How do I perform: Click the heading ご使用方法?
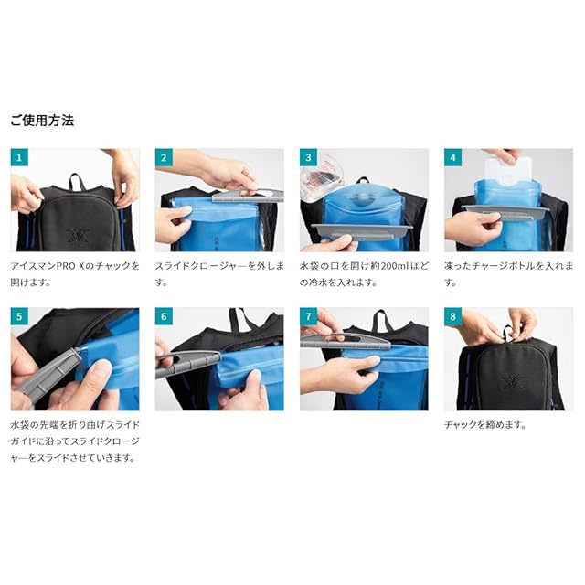[x=42, y=121]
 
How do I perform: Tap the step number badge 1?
[x=19, y=157]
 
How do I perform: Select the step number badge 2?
[x=164, y=157]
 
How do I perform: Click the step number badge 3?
[x=308, y=157]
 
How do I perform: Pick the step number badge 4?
[x=453, y=157]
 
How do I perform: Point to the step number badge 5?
[x=19, y=316]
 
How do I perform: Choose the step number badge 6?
[x=164, y=316]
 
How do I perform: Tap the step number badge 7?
[x=308, y=316]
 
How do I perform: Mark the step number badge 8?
[x=453, y=316]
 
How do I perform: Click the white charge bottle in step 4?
[x=507, y=173]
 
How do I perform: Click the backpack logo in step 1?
[x=78, y=235]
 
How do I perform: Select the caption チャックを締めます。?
[x=484, y=424]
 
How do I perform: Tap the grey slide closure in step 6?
[x=189, y=362]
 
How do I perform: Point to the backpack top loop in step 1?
[x=77, y=181]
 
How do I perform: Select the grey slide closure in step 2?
[x=248, y=196]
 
